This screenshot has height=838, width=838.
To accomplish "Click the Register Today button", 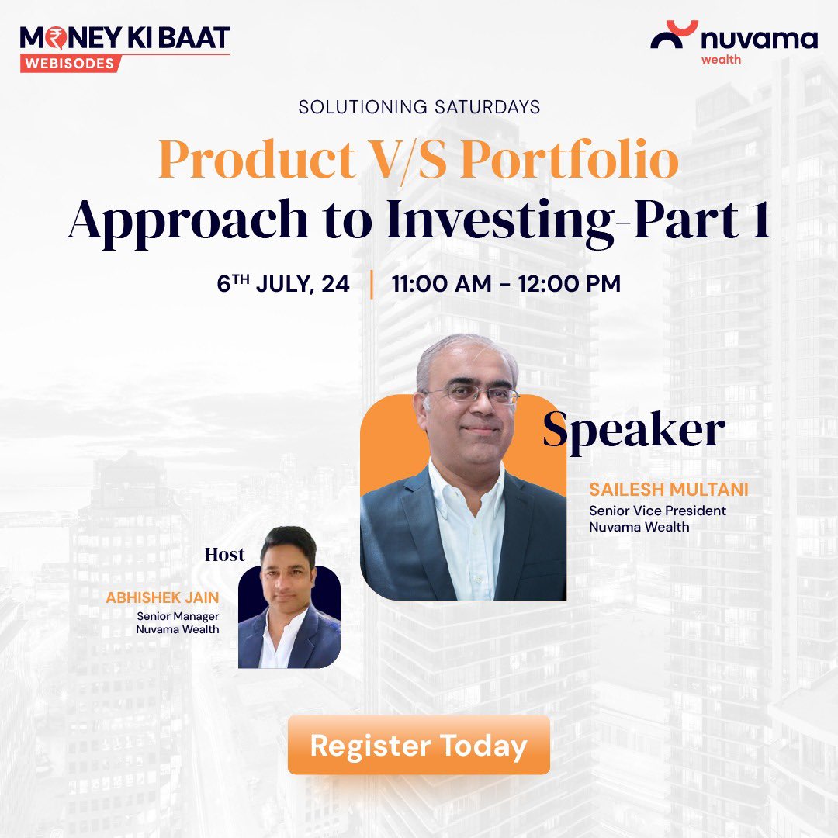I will [419, 746].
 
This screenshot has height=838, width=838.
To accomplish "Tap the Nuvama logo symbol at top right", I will [674, 36].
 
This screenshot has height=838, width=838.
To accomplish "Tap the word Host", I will [224, 555].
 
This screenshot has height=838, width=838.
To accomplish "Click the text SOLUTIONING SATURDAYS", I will [419, 107].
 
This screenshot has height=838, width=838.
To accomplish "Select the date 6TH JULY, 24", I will [283, 284].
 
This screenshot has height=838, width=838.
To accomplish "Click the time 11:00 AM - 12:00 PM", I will [506, 284].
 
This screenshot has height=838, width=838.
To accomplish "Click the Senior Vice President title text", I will [657, 511].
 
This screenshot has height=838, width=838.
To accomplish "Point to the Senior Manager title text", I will [178, 616].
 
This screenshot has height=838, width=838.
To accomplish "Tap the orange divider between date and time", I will [372, 284].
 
